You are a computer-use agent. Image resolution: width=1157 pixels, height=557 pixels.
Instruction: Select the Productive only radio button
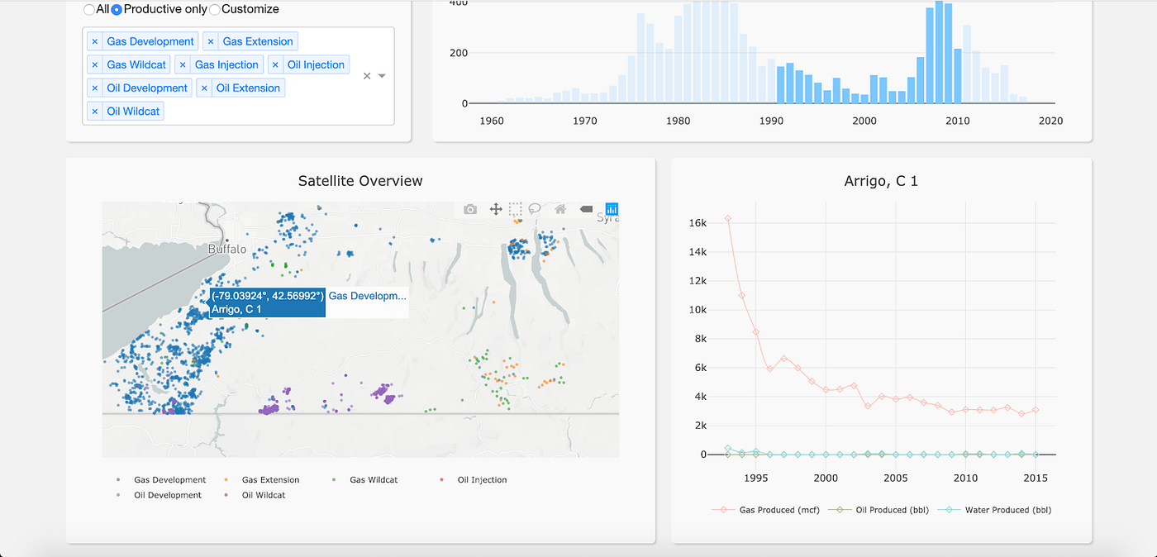[x=117, y=10]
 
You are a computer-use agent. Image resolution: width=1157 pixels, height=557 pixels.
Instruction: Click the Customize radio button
[x=215, y=10]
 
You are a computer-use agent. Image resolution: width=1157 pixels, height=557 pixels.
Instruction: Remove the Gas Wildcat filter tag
[x=95, y=64]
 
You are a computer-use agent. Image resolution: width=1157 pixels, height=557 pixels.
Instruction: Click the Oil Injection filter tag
[x=316, y=64]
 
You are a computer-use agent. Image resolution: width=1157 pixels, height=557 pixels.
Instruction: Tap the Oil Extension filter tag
[x=248, y=88]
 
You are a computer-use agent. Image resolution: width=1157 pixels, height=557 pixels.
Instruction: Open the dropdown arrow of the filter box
[x=382, y=76]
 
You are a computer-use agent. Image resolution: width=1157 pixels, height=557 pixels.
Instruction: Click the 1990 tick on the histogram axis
[x=771, y=121]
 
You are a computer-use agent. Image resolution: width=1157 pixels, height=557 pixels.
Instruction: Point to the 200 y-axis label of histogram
[x=458, y=53]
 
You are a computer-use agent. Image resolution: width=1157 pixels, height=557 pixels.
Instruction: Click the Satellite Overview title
[x=360, y=181]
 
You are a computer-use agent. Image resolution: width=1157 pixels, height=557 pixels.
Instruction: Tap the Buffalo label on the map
[x=227, y=249]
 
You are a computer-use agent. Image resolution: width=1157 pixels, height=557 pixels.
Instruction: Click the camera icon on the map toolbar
[x=470, y=209]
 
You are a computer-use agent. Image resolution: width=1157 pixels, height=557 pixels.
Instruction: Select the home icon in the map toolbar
[x=560, y=209]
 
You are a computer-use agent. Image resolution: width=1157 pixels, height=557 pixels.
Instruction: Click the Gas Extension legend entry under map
[x=270, y=479]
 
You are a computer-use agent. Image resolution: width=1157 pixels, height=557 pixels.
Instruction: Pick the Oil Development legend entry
[x=168, y=495]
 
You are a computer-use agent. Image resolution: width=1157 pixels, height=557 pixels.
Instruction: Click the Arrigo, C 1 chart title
[x=881, y=181]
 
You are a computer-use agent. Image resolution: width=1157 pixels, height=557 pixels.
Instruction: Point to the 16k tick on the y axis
[x=698, y=223]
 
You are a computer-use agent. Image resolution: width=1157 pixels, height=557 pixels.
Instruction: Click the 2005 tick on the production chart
[x=897, y=478]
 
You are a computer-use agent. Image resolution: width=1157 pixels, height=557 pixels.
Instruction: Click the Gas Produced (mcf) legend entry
[x=779, y=510]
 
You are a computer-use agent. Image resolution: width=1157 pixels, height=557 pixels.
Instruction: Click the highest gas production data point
[x=728, y=219]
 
